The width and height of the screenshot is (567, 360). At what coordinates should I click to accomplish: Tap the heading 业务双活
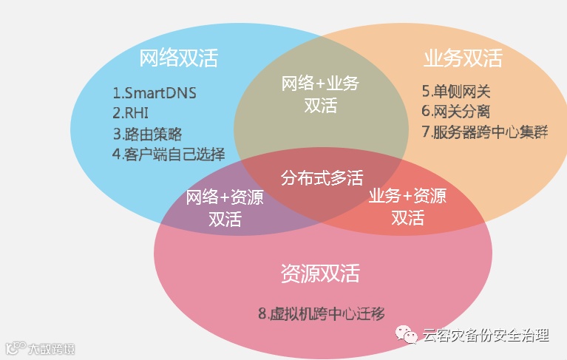pos(463,58)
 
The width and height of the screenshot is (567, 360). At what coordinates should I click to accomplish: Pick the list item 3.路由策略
pos(147,134)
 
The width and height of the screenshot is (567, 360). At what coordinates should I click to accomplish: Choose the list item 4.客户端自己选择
pos(169,154)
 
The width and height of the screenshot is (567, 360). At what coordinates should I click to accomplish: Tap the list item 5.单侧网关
pos(456,92)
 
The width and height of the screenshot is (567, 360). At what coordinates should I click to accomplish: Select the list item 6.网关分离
pos(456,112)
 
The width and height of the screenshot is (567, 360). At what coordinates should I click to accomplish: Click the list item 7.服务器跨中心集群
pos(485,132)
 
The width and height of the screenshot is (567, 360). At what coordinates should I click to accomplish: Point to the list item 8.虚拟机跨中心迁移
pos(322,313)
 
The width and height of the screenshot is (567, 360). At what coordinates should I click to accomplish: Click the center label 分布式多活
pos(322,178)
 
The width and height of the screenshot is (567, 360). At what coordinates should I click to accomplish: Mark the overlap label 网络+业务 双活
pos(320,95)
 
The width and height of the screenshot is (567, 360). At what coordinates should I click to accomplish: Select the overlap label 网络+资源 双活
pos(225,208)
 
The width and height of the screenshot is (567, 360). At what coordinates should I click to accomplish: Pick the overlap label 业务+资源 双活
pos(407,207)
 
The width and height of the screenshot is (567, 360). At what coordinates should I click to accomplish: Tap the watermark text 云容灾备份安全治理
pos(486,336)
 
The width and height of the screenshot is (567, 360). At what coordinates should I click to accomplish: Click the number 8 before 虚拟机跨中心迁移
pos(262,313)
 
